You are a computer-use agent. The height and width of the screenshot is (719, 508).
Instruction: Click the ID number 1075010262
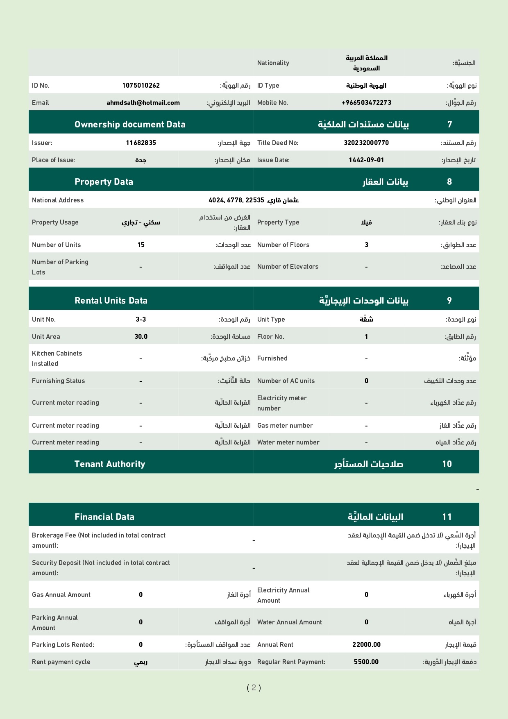pos(141,85)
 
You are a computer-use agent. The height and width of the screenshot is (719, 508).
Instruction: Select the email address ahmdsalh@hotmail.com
pos(143,102)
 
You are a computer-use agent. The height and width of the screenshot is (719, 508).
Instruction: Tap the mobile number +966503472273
pos(366,102)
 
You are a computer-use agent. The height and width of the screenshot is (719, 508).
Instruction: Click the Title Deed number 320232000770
pos(366,143)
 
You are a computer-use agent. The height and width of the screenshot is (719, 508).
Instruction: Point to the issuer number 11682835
pos(141,143)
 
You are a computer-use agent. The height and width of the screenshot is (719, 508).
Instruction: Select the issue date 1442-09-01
pos(366,160)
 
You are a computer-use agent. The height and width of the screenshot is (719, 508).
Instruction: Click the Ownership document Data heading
pos(130,124)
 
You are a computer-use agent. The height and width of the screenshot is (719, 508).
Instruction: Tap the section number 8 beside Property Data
pos(449,181)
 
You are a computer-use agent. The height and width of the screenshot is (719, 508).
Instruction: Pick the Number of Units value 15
pos(141,245)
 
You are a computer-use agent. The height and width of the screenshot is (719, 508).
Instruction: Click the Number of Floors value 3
pos(366,245)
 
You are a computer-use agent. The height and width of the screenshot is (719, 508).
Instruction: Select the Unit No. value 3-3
pos(141,319)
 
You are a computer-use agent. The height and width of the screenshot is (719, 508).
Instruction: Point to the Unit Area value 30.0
pos(141,336)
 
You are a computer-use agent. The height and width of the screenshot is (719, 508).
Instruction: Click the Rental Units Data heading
pos(111,300)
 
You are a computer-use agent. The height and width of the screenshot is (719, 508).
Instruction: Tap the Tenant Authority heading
pos(110,464)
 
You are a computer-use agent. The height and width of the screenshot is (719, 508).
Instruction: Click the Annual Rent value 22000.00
pos(366,644)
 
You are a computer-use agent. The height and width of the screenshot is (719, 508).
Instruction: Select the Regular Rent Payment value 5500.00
pos(366,662)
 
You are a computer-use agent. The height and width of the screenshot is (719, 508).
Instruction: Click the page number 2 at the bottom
pos(254,687)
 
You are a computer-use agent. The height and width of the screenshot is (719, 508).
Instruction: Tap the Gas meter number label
pos(285,425)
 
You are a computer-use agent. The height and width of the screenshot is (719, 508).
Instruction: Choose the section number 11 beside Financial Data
pos(447,517)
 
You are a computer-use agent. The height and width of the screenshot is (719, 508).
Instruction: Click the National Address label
pos(58,200)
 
